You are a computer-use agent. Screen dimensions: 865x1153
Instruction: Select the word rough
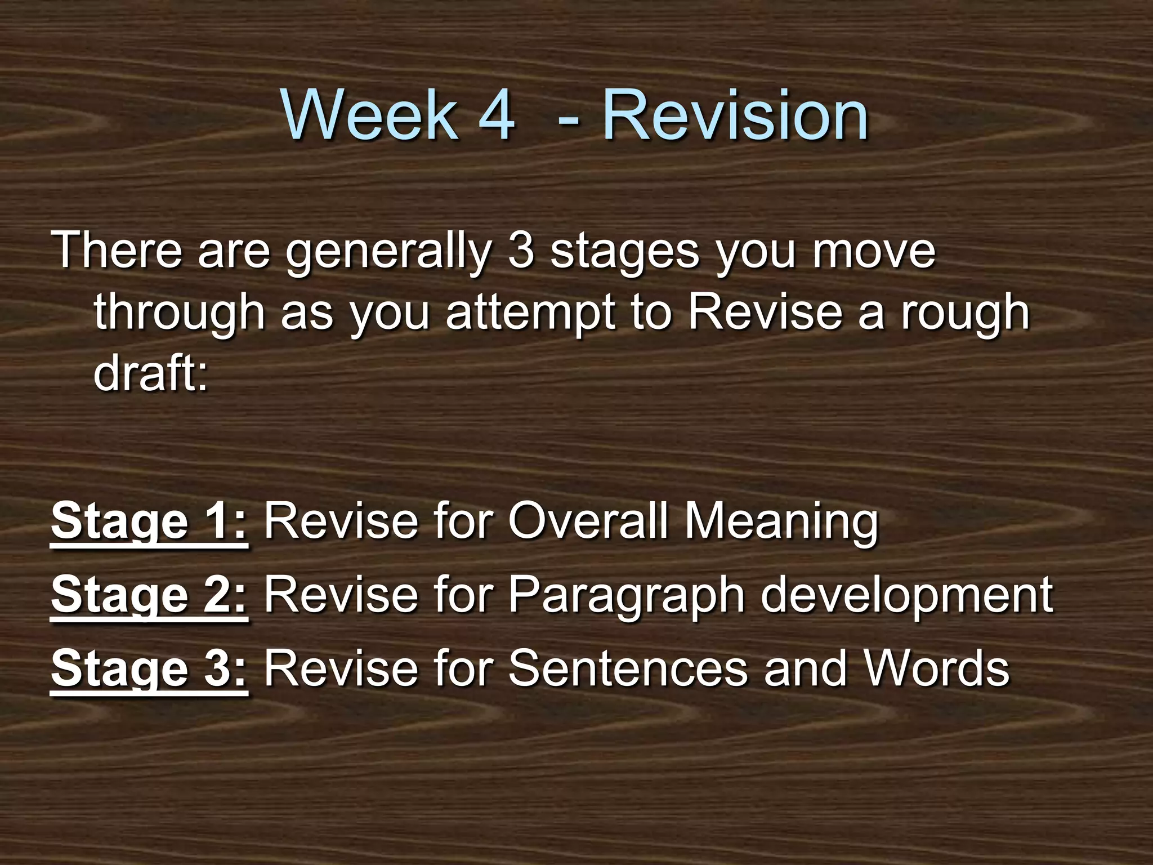coord(965,313)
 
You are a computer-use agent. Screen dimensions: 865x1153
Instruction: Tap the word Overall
coord(588,521)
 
